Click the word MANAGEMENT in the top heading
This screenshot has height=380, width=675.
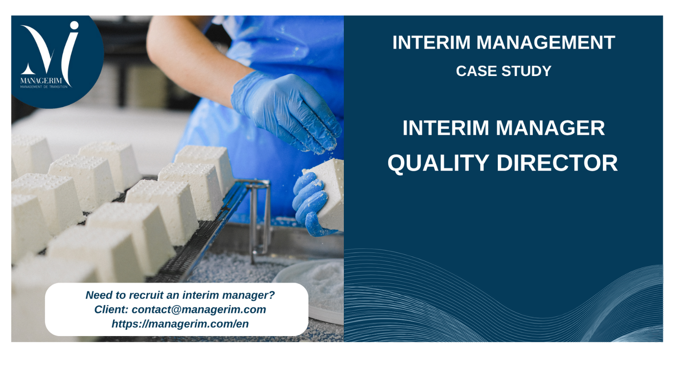(546, 43)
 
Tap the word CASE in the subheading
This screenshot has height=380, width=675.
(476, 71)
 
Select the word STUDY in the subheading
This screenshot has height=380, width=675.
(526, 71)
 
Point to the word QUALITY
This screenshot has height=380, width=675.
(438, 163)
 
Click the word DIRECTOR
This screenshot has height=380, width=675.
(557, 163)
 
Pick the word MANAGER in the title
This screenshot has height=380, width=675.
(550, 128)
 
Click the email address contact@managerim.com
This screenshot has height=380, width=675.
(199, 309)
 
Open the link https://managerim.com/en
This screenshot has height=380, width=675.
(180, 324)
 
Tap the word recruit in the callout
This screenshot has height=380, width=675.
(146, 295)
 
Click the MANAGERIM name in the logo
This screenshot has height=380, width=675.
(41, 81)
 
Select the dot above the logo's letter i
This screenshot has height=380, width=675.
(74, 25)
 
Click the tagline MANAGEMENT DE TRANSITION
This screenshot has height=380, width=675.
(44, 87)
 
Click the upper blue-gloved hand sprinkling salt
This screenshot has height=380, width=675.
(286, 111)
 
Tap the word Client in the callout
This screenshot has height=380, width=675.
(111, 309)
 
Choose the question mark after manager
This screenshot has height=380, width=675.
(272, 295)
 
